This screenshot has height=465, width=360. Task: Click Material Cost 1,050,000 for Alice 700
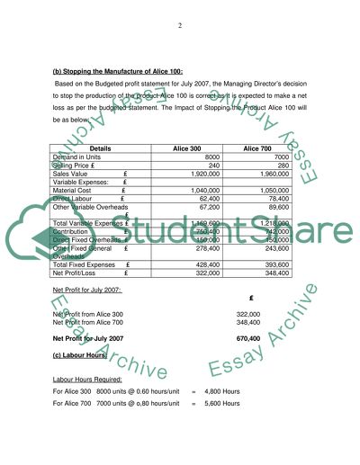coord(272,191)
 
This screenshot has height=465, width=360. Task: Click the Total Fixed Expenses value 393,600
coord(274,265)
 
